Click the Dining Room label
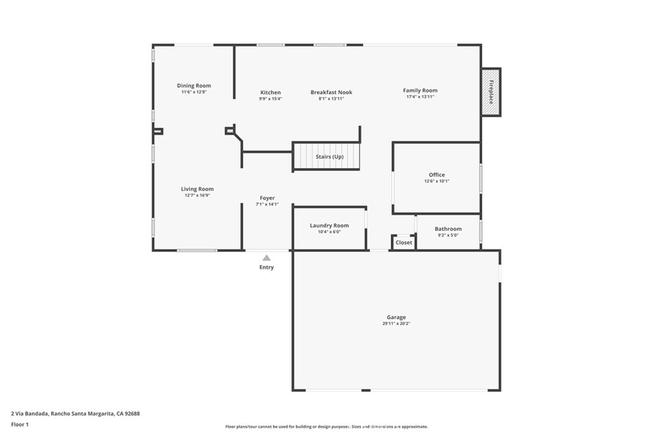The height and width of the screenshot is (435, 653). pyautogui.click(x=194, y=86)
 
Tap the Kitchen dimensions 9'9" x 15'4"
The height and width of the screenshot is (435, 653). pyautogui.click(x=270, y=99)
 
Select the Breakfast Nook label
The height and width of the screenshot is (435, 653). pyautogui.click(x=332, y=92)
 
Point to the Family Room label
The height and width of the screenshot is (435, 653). pyautogui.click(x=420, y=90)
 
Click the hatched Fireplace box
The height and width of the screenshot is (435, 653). pyautogui.click(x=491, y=92)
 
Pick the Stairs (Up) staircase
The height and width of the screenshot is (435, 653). pyautogui.click(x=326, y=157)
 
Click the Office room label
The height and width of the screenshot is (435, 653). pyautogui.click(x=437, y=175)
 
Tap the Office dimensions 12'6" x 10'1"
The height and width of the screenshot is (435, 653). pyautogui.click(x=437, y=181)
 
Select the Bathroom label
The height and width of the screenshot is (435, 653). pyautogui.click(x=448, y=229)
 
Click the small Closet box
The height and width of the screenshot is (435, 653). pyautogui.click(x=404, y=243)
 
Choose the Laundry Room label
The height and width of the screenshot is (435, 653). pyautogui.click(x=330, y=225)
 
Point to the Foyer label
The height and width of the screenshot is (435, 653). pyautogui.click(x=267, y=198)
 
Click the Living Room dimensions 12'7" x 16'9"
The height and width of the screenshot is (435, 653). pyautogui.click(x=198, y=195)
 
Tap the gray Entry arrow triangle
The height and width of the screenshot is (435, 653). pyautogui.click(x=267, y=258)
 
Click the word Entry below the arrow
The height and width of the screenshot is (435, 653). pyautogui.click(x=267, y=267)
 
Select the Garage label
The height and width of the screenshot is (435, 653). pyautogui.click(x=396, y=317)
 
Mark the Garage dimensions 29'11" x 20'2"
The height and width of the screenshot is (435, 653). pyautogui.click(x=397, y=323)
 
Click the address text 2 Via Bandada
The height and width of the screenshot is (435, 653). pyautogui.click(x=30, y=414)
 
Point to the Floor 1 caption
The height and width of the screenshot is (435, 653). pyautogui.click(x=20, y=425)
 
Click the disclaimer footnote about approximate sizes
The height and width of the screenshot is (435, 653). pyautogui.click(x=326, y=427)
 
